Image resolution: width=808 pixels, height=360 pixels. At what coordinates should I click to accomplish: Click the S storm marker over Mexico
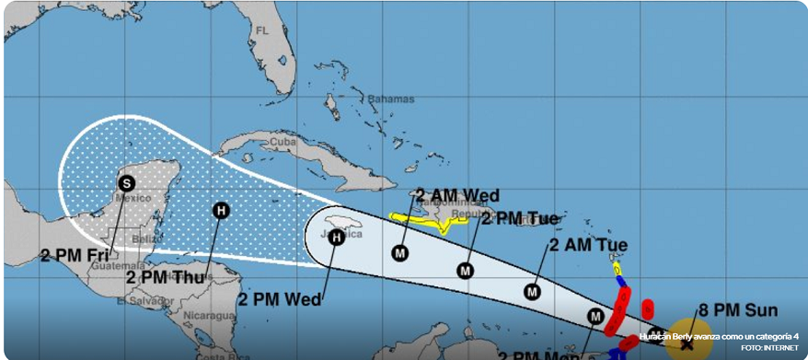click(126, 183)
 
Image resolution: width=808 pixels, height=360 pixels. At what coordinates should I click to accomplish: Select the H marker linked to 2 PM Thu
click(220, 210)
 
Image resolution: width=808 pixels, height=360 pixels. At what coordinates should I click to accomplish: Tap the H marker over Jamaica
click(337, 238)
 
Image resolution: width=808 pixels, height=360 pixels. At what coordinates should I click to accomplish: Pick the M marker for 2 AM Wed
click(399, 252)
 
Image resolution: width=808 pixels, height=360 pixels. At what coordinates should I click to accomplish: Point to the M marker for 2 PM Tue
click(466, 270)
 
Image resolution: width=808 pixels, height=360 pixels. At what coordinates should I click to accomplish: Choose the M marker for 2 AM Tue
click(532, 292)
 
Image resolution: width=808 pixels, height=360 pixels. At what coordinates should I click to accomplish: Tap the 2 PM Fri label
click(75, 254)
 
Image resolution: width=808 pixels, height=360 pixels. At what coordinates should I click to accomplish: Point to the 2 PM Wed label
click(279, 298)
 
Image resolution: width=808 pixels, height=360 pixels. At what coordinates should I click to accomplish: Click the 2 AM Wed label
click(457, 195)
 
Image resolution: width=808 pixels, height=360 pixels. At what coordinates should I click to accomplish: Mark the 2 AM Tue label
click(588, 244)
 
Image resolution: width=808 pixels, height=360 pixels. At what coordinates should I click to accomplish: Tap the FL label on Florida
click(262, 30)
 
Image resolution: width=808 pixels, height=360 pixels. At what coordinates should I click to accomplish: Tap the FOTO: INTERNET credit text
click(771, 347)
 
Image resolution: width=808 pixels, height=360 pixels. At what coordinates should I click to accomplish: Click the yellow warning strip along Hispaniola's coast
click(429, 219)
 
